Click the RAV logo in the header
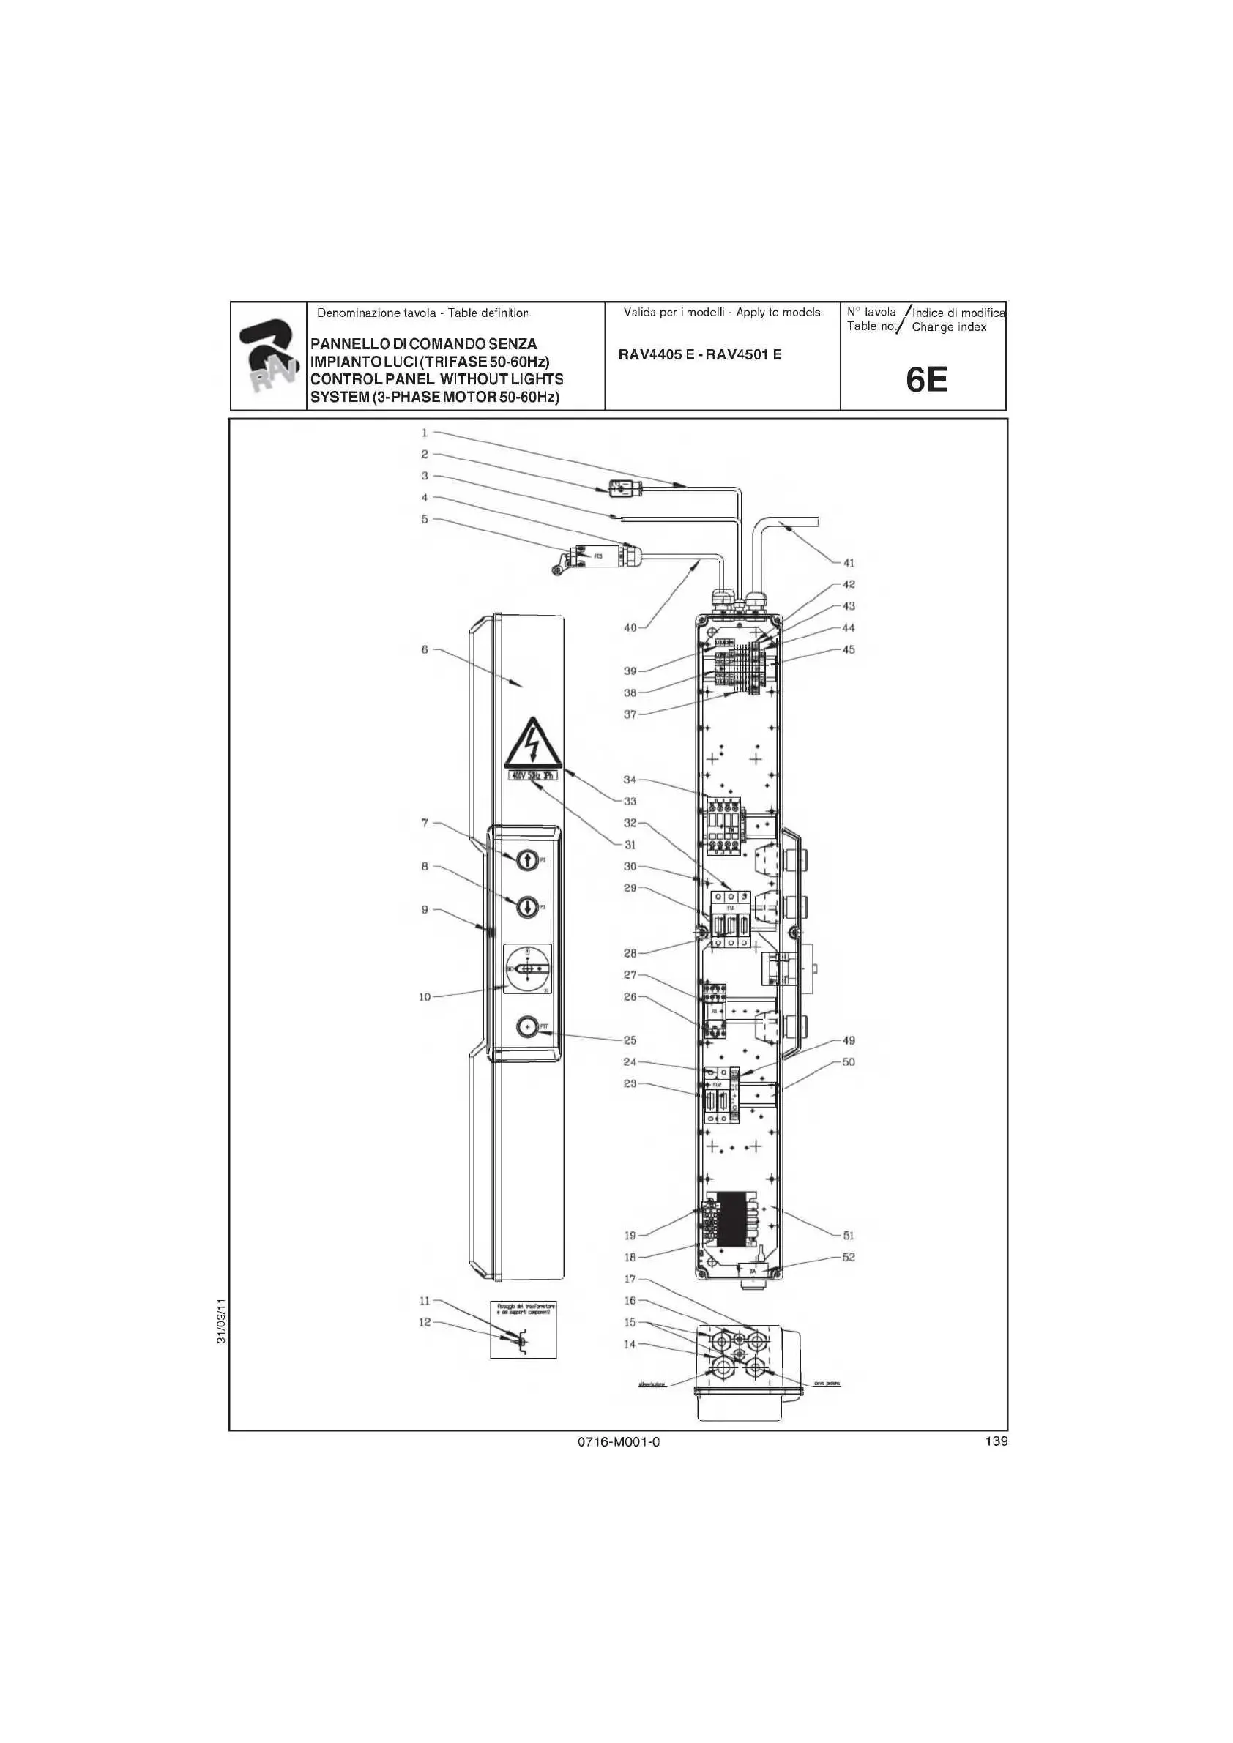(268, 356)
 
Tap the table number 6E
(927, 380)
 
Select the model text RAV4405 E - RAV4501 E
(699, 354)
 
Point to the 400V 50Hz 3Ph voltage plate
(532, 775)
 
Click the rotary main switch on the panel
(527, 968)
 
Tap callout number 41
(849, 562)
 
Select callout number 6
(425, 649)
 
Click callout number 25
(630, 1040)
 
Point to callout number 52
(849, 1257)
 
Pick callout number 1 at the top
(425, 433)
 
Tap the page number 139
(996, 1441)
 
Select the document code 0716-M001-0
(619, 1441)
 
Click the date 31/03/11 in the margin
(221, 1321)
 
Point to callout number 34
(630, 780)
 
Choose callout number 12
(425, 1321)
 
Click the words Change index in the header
(948, 327)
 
